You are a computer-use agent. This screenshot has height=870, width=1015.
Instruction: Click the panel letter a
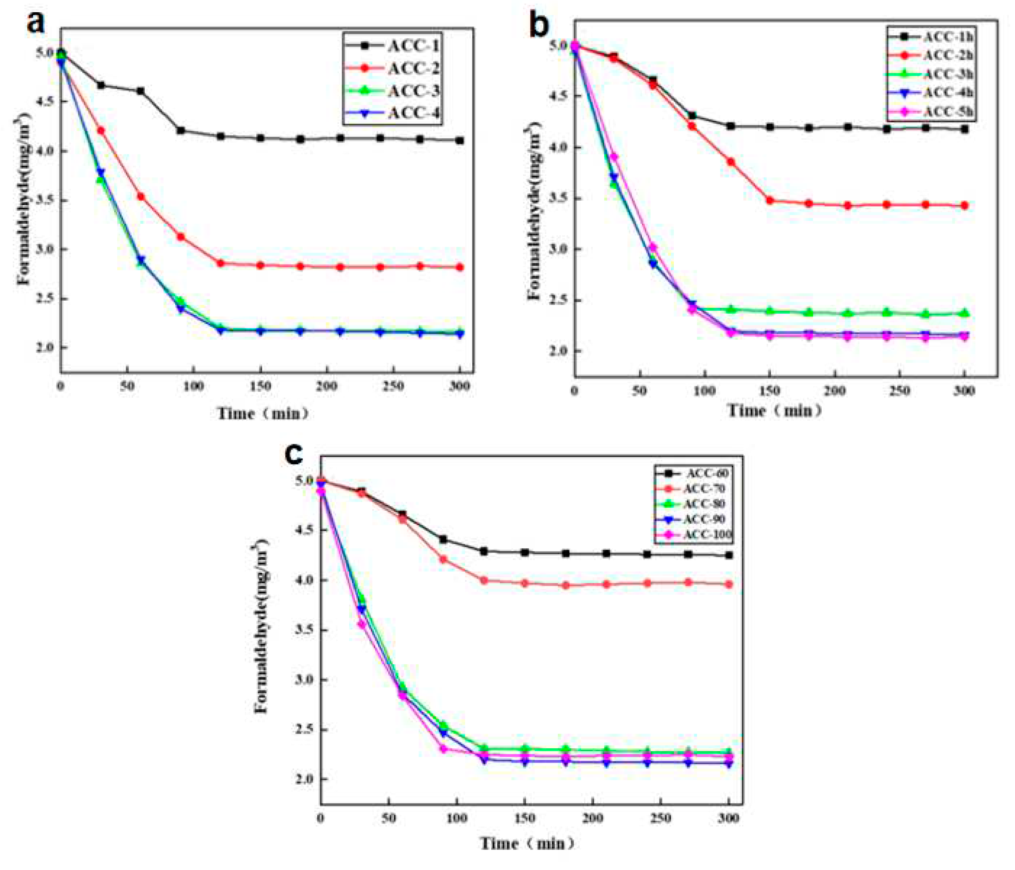36,22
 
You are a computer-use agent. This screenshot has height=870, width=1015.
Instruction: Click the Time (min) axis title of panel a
263,414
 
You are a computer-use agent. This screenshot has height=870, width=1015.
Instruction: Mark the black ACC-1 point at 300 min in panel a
460,141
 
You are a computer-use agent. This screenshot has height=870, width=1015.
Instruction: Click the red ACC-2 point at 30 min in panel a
101,131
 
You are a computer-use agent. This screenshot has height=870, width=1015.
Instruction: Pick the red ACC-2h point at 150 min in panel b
770,200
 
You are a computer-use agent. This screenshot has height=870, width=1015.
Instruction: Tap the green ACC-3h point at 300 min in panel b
964,313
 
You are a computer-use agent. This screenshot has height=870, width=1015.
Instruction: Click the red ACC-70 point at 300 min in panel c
728,584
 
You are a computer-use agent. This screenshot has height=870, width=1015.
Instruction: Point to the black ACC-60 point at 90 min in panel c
443,540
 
